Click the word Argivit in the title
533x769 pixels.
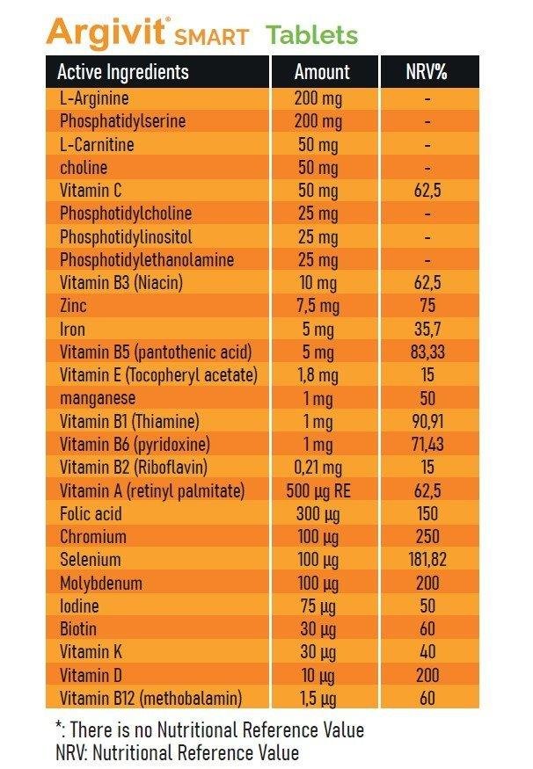click(x=106, y=33)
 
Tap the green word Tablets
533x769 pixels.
click(x=312, y=35)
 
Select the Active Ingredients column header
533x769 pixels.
click(x=123, y=71)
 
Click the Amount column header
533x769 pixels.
click(x=322, y=72)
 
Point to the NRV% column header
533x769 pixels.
click(x=427, y=72)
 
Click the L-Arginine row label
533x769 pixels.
click(x=94, y=98)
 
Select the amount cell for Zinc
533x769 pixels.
click(x=318, y=306)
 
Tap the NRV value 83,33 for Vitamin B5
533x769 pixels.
click(x=427, y=352)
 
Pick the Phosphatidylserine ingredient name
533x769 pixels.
click(x=123, y=121)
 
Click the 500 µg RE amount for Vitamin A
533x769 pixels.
click(x=318, y=491)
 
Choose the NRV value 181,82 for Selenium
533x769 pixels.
click(x=427, y=560)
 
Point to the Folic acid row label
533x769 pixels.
click(x=91, y=513)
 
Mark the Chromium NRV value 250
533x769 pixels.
click(x=427, y=536)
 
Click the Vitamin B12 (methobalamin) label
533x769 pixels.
click(x=150, y=698)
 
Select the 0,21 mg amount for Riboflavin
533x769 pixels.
click(x=318, y=468)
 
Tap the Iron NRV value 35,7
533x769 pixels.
click(x=427, y=329)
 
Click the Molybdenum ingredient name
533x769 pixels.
click(x=101, y=584)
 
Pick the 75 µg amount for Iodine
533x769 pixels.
click(x=318, y=606)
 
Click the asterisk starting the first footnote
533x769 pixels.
click(x=59, y=725)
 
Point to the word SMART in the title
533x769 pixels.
click(x=212, y=37)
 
